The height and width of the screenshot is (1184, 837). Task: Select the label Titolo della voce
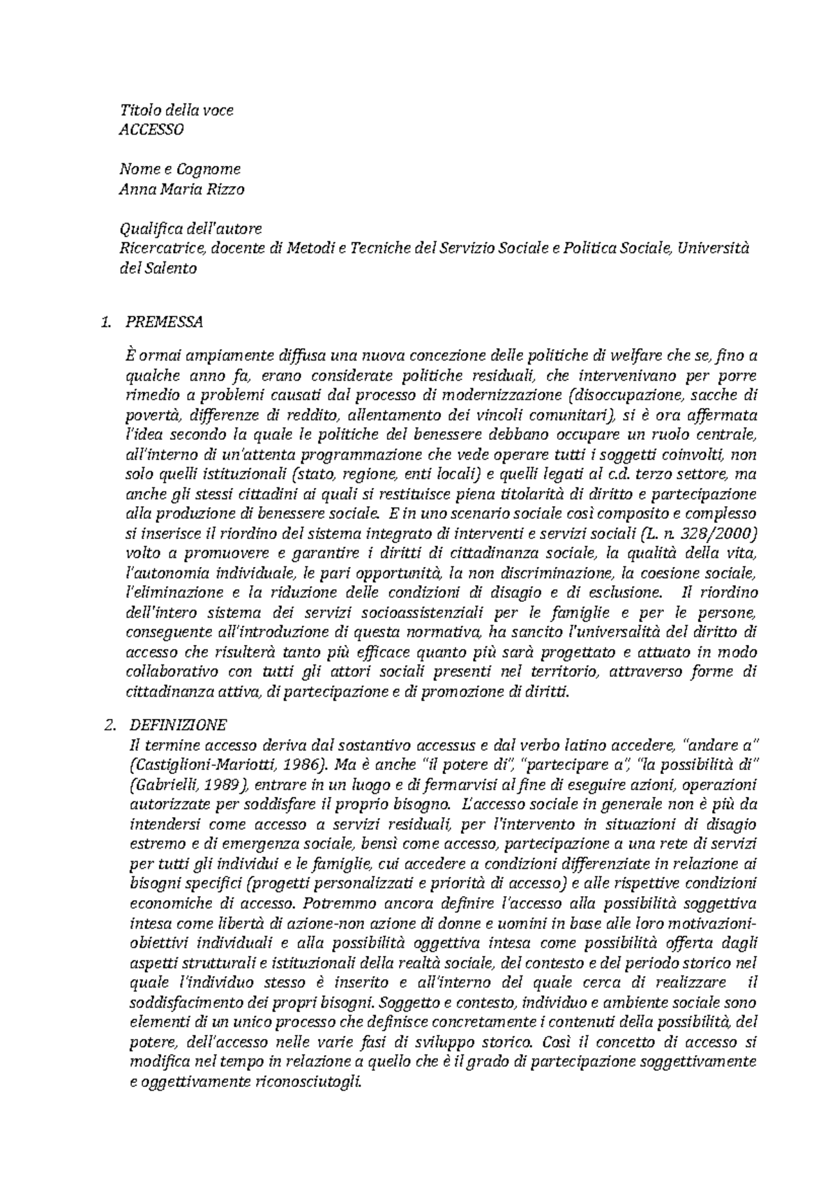(x=176, y=109)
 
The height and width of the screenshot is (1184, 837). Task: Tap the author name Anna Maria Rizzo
(x=182, y=189)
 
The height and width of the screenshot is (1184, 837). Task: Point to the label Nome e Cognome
(x=180, y=169)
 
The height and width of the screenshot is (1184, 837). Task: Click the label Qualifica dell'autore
(x=190, y=228)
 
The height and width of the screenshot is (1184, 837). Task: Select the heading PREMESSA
(x=164, y=322)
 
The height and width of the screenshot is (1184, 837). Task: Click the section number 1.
(x=105, y=322)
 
